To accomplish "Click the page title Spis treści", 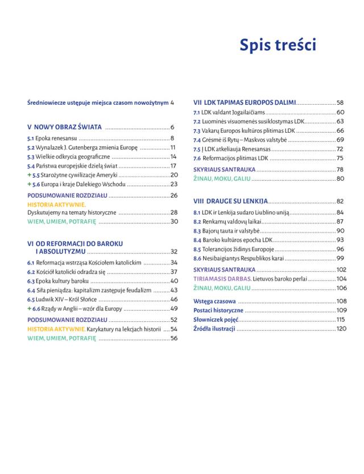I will pyautogui.click(x=278, y=45).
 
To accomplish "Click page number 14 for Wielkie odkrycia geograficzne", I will pyautogui.click(x=174, y=156).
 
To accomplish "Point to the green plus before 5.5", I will pyautogui.click(x=29, y=175).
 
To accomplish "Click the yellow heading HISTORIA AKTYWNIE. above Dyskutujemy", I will pyautogui.click(x=57, y=204).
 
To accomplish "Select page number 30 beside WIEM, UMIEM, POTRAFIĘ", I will pyautogui.click(x=174, y=221).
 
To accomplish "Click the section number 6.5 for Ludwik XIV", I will pyautogui.click(x=31, y=299).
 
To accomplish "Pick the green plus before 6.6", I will pyautogui.click(x=29, y=308).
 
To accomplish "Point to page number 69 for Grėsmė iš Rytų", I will pyautogui.click(x=340, y=140).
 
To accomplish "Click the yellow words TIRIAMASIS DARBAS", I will pyautogui.click(x=217, y=279).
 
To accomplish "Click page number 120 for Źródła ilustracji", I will pyautogui.click(x=341, y=329).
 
